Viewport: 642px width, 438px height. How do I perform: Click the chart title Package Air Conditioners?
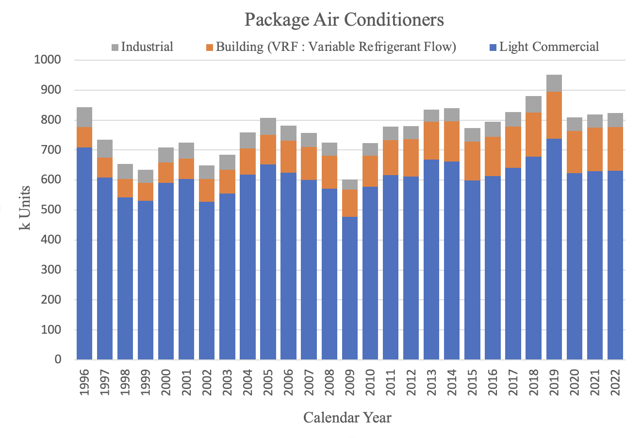pyautogui.click(x=344, y=20)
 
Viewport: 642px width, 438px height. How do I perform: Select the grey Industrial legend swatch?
pyautogui.click(x=115, y=48)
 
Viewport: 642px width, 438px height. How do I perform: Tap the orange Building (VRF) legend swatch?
pyautogui.click(x=210, y=48)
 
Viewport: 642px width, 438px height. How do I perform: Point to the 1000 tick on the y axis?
pyautogui.click(x=48, y=60)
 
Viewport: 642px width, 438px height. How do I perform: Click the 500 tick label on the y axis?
pyautogui.click(x=51, y=210)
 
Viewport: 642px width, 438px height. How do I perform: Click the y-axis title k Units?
pyautogui.click(x=25, y=208)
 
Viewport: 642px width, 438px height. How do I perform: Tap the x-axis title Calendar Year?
pyautogui.click(x=347, y=418)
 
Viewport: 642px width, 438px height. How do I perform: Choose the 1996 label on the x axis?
pyautogui.click(x=84, y=383)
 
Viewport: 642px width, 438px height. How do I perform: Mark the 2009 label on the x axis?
pyautogui.click(x=349, y=383)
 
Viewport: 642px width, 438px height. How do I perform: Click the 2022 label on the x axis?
pyautogui.click(x=615, y=383)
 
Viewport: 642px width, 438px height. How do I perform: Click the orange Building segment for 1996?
pyautogui.click(x=84, y=137)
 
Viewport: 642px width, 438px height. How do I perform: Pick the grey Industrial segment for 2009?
pyautogui.click(x=349, y=185)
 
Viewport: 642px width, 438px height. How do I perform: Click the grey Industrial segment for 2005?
pyautogui.click(x=268, y=126)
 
